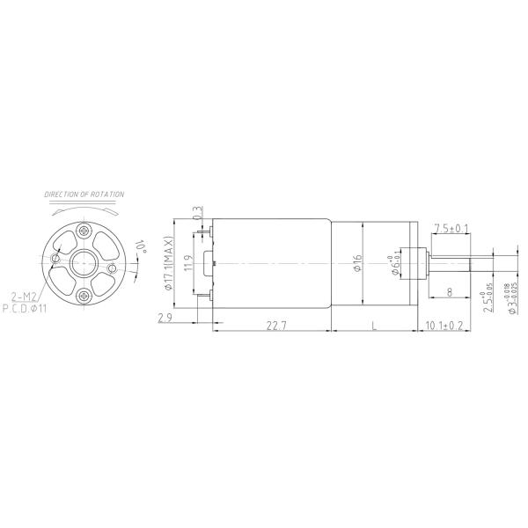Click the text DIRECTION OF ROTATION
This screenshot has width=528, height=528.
click(x=84, y=194)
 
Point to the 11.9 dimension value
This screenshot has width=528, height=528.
click(x=187, y=264)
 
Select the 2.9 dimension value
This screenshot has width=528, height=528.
click(x=165, y=318)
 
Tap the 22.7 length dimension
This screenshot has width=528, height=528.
click(x=275, y=326)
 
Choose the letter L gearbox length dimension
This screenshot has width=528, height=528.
click(x=373, y=326)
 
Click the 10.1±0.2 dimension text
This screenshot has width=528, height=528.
click(x=444, y=326)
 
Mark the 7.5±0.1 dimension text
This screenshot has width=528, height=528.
click(x=451, y=228)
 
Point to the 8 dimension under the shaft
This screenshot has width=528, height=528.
click(x=449, y=291)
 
